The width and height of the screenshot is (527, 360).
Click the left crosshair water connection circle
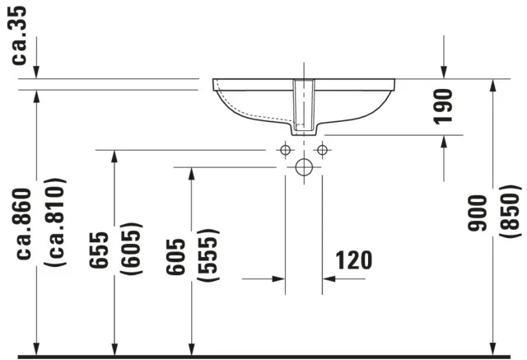tap(285, 150)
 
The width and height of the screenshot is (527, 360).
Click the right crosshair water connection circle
tap(322, 150)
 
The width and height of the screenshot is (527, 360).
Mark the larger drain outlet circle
tap(303, 168)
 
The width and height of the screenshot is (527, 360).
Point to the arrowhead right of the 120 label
tap(329, 278)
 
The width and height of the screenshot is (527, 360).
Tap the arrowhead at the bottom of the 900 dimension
tap(492, 349)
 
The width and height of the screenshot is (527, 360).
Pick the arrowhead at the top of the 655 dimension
tap(114, 157)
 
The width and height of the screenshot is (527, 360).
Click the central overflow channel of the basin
tap(304, 107)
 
